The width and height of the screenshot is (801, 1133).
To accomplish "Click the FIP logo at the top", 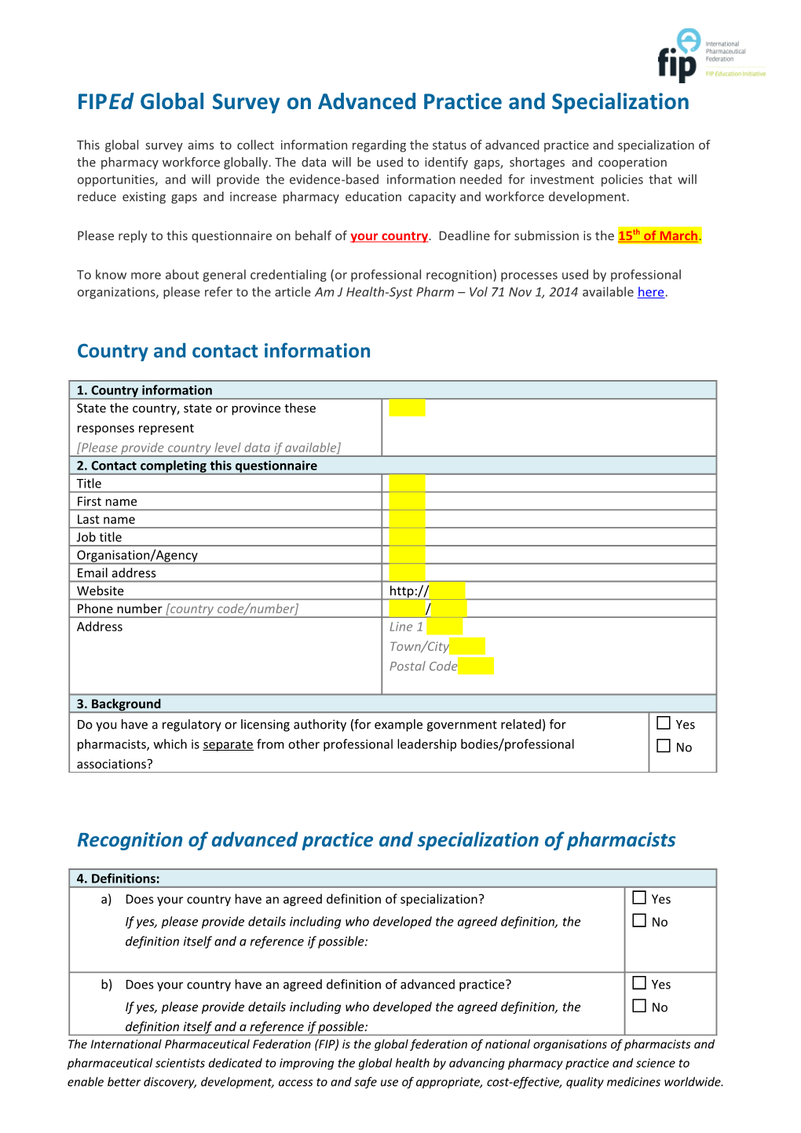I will (x=678, y=55).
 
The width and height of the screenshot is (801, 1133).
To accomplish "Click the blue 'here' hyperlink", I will (x=650, y=292).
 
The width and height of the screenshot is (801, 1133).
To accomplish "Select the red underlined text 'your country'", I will (x=389, y=236).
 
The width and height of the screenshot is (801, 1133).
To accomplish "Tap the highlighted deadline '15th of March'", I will (x=658, y=236).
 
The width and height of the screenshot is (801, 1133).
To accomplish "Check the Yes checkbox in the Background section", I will (x=664, y=723).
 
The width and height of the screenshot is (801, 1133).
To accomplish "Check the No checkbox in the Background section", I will (x=664, y=746).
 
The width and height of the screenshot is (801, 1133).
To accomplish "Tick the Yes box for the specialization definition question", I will (x=639, y=897).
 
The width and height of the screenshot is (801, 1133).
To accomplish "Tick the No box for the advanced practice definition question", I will (x=639, y=1006).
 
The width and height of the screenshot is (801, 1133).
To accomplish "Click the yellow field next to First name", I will (x=407, y=501).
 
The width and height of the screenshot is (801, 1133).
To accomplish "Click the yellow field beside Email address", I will (x=407, y=572).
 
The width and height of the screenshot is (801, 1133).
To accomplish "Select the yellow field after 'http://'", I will (x=448, y=590).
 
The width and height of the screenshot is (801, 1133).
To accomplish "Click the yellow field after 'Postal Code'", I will (x=476, y=666).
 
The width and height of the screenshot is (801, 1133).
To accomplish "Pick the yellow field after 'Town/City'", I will (x=467, y=646).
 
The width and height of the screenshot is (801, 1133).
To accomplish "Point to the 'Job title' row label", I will (x=99, y=537).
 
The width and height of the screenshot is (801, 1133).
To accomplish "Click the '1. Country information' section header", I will (x=144, y=390).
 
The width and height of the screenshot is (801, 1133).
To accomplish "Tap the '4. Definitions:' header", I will (x=118, y=879).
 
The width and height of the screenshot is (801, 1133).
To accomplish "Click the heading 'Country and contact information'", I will (x=224, y=351).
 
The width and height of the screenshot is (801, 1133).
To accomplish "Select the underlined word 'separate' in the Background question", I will (x=228, y=744).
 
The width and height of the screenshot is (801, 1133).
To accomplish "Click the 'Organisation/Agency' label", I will (x=137, y=555).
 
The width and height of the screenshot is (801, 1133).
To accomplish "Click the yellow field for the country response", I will (x=407, y=408).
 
